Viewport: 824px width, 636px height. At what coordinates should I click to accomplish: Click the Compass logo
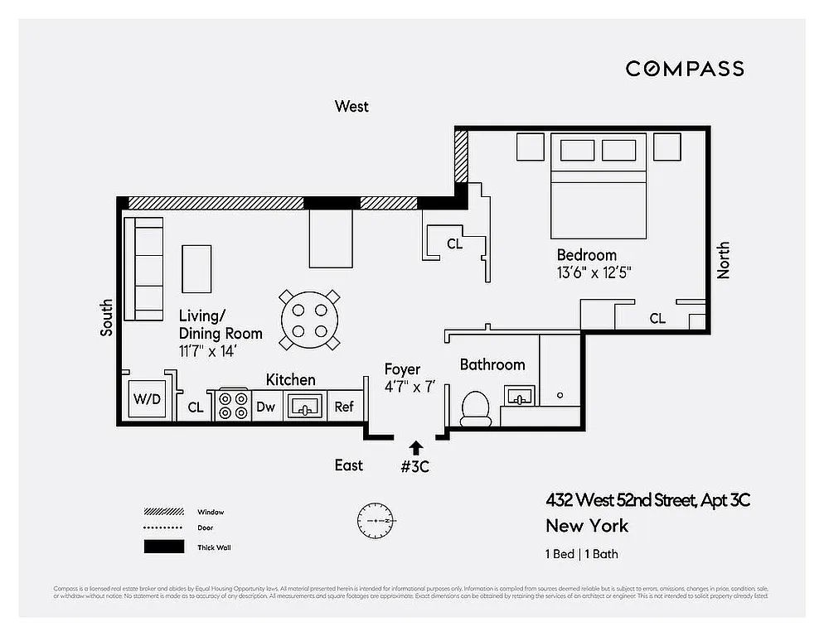coord(684,69)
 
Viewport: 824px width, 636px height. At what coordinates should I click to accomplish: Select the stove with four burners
coord(232,405)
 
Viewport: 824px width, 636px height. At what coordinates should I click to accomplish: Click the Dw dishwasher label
coord(265,407)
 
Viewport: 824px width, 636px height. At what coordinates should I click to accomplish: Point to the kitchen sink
coord(304,406)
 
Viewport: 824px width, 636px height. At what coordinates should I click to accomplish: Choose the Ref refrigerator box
coord(344,407)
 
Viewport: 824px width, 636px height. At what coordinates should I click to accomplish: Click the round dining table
coord(309,319)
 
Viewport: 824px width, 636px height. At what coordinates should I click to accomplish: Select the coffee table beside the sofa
coord(196,268)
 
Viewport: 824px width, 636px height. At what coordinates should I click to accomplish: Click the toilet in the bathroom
coord(476,408)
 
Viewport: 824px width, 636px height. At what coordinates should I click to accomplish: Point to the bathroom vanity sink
coord(520,397)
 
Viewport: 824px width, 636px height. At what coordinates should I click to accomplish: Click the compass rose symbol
coord(376,521)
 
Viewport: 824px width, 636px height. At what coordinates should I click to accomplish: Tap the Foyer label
coord(402,369)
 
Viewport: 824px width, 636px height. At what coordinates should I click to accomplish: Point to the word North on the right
coord(724,260)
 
